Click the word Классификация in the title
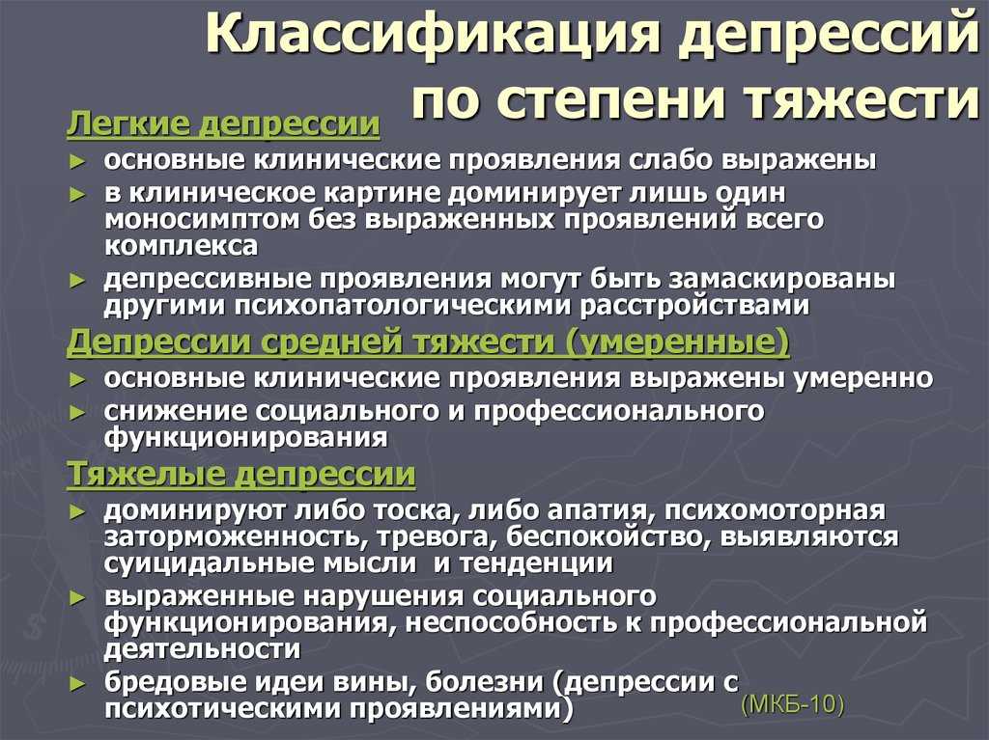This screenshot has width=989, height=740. pyautogui.click(x=432, y=36)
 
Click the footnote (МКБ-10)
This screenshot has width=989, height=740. pyautogui.click(x=793, y=704)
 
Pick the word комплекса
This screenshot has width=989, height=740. pyautogui.click(x=181, y=246)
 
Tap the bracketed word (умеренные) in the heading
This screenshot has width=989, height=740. pyautogui.click(x=677, y=343)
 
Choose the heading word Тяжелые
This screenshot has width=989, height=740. pyautogui.click(x=147, y=474)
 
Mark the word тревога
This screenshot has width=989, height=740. pyautogui.click(x=431, y=536)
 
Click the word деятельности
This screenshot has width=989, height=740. pyautogui.click(x=202, y=648)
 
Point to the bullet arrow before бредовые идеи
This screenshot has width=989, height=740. pyautogui.click(x=77, y=683)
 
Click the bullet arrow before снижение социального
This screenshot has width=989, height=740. pyautogui.click(x=77, y=413)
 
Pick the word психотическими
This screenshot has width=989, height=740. pyautogui.click(x=223, y=708)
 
